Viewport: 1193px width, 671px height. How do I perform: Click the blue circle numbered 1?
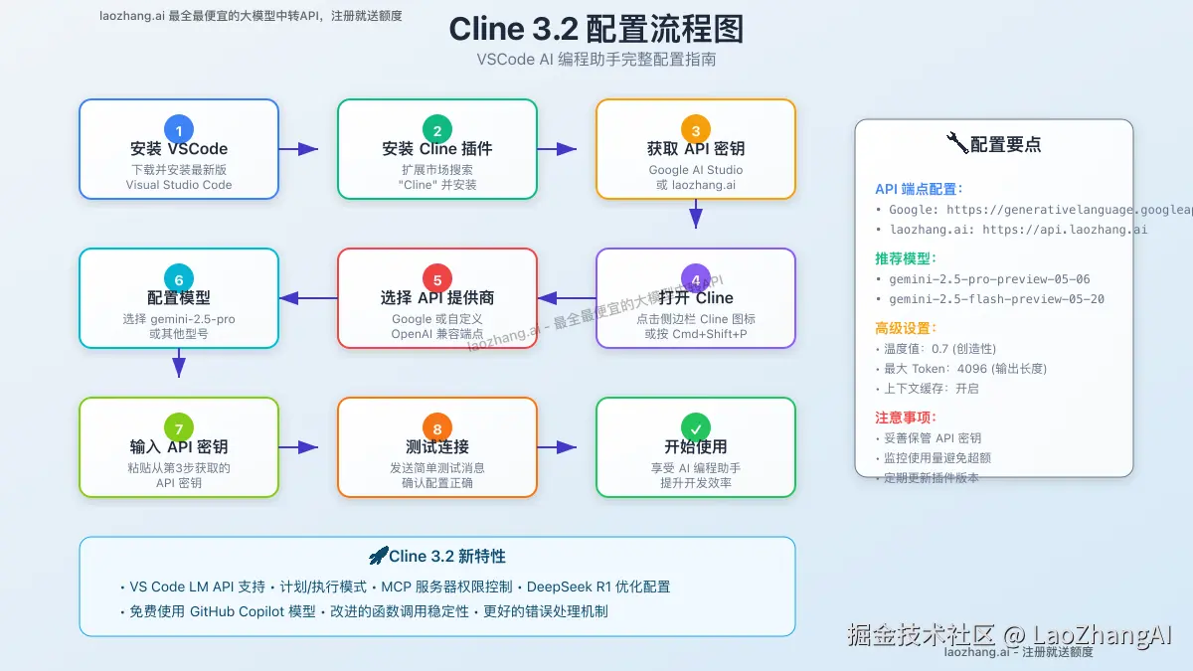tap(179, 129)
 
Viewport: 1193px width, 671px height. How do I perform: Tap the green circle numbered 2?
tap(437, 129)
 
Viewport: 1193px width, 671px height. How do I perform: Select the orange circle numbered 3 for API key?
tap(696, 129)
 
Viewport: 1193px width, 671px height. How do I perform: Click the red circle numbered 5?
tap(437, 278)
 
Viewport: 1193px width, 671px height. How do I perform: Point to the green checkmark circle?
tap(696, 427)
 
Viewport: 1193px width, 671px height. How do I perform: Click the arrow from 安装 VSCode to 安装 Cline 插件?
tap(298, 149)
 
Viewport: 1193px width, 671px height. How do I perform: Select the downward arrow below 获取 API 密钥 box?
tap(696, 214)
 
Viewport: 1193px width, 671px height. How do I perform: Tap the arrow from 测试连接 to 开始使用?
tap(557, 447)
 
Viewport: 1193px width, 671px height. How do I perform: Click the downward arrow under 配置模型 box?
tap(179, 363)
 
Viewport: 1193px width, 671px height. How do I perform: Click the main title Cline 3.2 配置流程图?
tap(596, 29)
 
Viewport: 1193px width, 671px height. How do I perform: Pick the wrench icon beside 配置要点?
tap(957, 143)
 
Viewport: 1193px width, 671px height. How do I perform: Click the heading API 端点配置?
tap(919, 189)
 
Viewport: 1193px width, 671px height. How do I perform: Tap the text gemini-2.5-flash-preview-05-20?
tap(997, 299)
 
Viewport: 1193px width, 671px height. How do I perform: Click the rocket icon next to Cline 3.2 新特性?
tap(378, 556)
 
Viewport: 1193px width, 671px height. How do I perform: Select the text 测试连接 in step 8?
tap(437, 447)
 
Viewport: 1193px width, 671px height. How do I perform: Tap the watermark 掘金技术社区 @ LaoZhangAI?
tap(1009, 634)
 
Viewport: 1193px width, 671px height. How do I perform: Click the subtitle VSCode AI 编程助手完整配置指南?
tap(596, 60)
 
